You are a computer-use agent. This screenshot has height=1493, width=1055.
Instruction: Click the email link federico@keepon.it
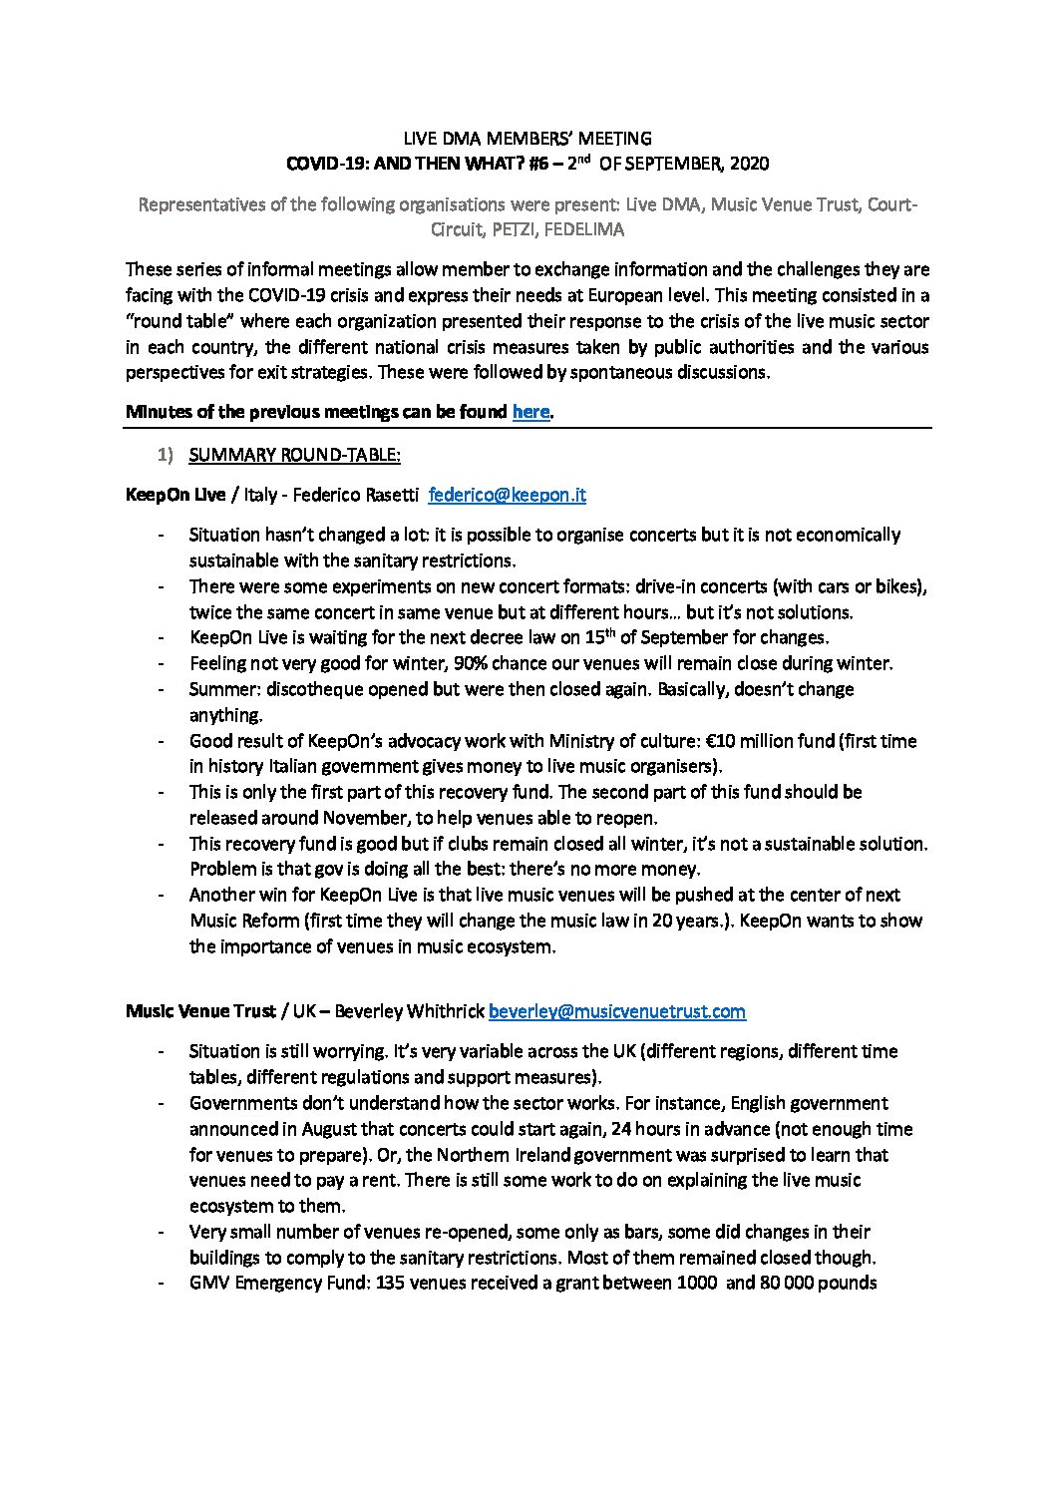[514, 494]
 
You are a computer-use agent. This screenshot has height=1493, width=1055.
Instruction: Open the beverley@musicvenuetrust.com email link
[616, 1011]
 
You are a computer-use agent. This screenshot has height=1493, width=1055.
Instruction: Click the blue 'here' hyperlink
[530, 411]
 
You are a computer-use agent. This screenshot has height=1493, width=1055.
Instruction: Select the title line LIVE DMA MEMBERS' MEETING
[527, 138]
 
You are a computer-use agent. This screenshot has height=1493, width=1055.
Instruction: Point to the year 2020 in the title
[750, 163]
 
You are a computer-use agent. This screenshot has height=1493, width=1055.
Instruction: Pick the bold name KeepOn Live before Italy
[176, 494]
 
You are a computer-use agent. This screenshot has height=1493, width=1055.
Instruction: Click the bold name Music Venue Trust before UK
[200, 1011]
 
